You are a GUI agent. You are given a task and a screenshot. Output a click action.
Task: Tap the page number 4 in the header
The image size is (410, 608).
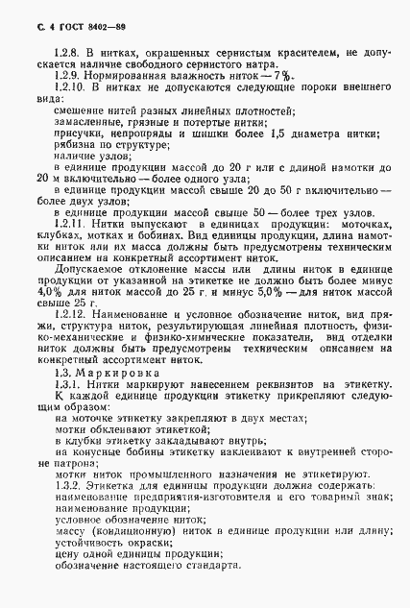pos(35,12)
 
